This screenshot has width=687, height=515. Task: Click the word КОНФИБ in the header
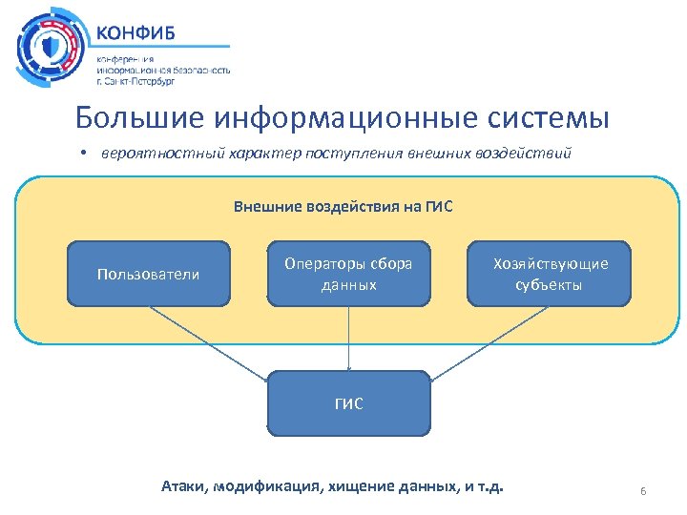click(x=135, y=29)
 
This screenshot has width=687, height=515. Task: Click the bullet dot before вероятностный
click(x=84, y=155)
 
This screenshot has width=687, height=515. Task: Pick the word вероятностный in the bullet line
click(x=152, y=155)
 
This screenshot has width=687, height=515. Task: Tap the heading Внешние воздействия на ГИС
click(x=343, y=206)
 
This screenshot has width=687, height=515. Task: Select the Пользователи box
click(x=148, y=274)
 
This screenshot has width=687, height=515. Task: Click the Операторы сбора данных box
click(x=348, y=274)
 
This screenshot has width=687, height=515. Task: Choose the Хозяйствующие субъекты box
click(x=549, y=274)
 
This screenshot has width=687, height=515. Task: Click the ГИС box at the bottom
click(x=348, y=402)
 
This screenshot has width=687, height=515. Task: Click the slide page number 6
click(x=643, y=491)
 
